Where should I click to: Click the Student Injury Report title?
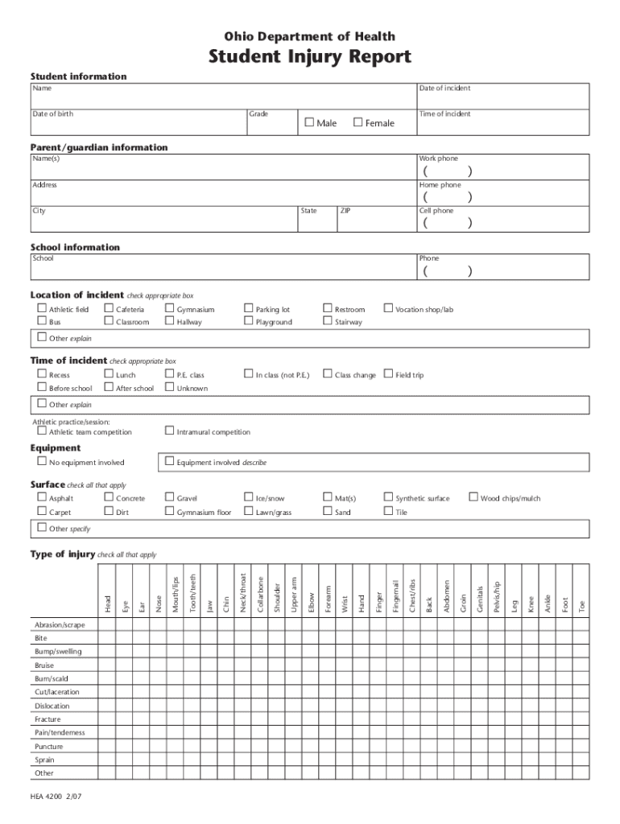(310, 57)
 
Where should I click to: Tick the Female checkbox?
(358, 122)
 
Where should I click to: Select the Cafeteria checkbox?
(109, 308)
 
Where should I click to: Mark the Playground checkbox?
(249, 322)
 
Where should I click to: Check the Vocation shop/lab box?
(388, 308)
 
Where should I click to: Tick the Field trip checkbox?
(388, 374)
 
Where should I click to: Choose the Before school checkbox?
(42, 388)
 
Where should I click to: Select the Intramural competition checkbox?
(169, 431)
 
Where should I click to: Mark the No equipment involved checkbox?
(42, 462)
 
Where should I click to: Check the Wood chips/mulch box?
(473, 498)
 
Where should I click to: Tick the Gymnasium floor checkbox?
(169, 512)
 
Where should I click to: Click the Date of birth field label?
(52, 113)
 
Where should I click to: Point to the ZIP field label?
(345, 211)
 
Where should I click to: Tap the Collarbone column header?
(260, 594)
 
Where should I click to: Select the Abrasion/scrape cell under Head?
(107, 624)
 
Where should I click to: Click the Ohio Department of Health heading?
(310, 36)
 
